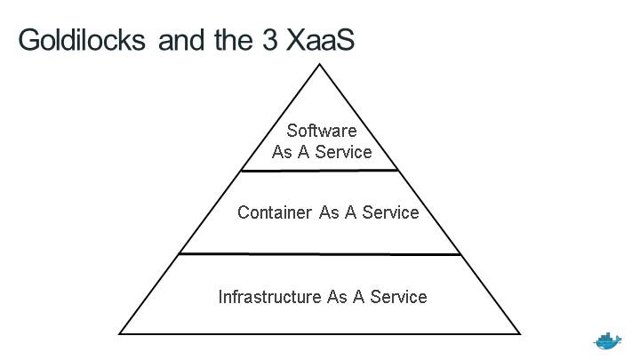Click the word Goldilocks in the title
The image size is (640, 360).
click(82, 40)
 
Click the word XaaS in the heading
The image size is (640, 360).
click(320, 40)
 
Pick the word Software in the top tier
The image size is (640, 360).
click(321, 131)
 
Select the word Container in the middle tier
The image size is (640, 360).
click(275, 212)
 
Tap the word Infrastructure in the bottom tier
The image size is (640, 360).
click(270, 296)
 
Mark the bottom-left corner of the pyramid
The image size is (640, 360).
click(120, 333)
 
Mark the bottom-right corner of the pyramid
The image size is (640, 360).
click(520, 333)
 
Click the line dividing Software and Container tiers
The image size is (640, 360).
click(320, 170)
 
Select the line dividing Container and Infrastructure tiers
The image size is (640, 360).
click(320, 254)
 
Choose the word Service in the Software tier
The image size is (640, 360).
click(343, 151)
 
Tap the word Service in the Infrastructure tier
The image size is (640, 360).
click(398, 296)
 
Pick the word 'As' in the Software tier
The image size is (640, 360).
click(282, 151)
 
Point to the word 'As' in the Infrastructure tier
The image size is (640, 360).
click(337, 296)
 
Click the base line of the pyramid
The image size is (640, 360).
click(320, 333)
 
